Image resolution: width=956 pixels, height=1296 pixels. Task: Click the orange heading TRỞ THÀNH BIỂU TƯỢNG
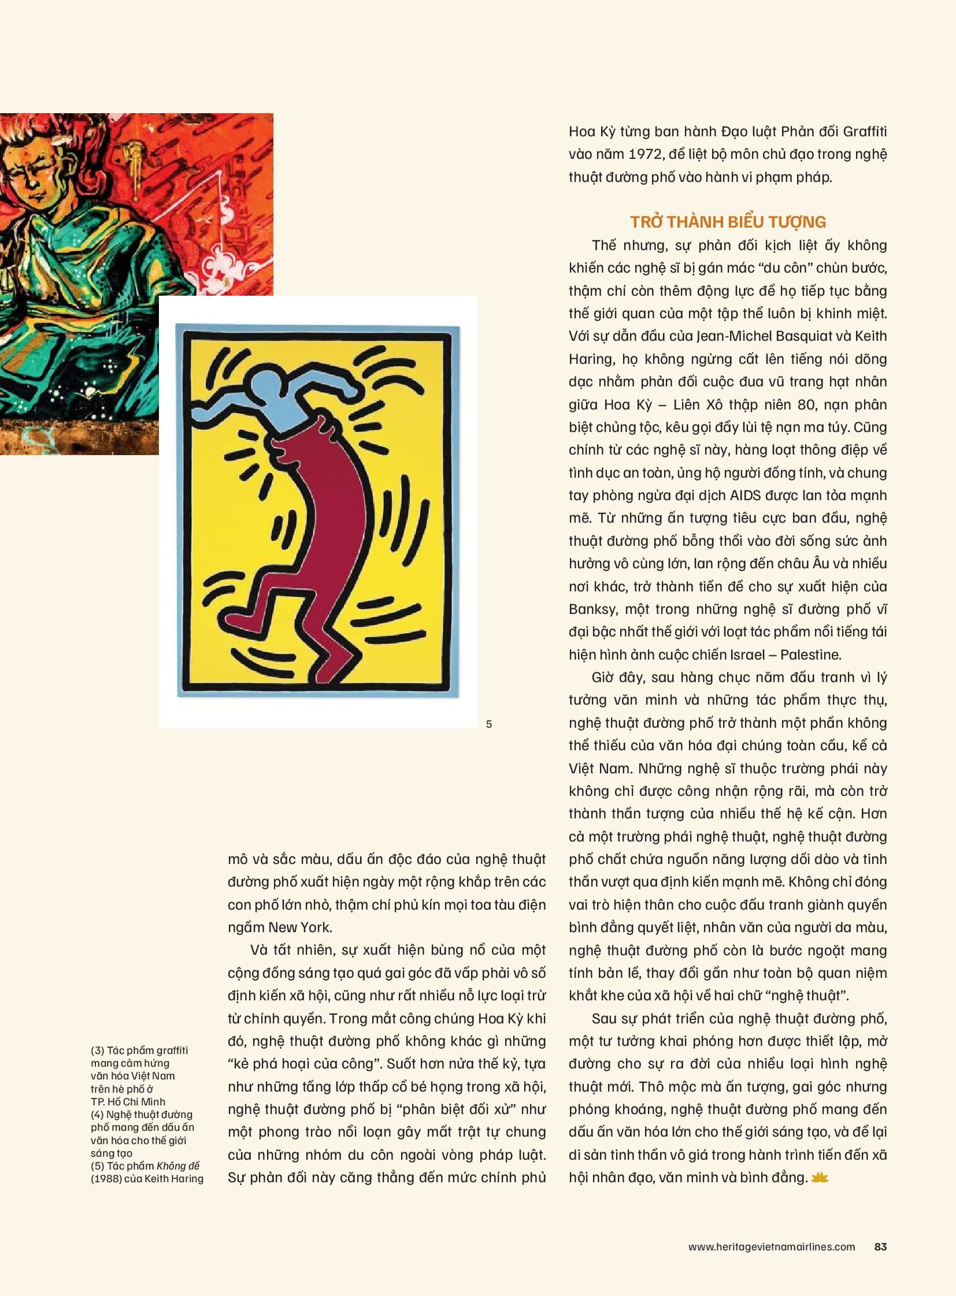(x=728, y=222)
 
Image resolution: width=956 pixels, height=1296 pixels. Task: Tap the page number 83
(x=880, y=1247)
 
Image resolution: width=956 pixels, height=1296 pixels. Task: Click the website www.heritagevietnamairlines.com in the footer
(x=771, y=1247)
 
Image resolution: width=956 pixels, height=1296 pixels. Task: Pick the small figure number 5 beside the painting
(x=489, y=724)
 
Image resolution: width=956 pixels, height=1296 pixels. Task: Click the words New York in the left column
(x=300, y=927)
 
